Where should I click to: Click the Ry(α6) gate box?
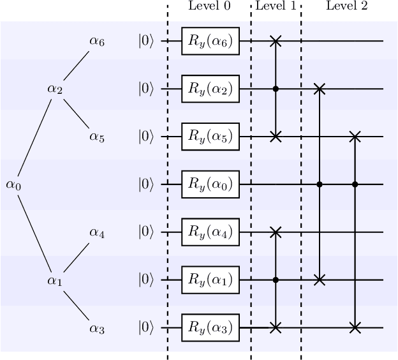click(x=210, y=41)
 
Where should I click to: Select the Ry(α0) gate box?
click(x=210, y=184)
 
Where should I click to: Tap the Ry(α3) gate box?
click(x=210, y=328)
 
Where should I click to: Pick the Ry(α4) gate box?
click(x=210, y=232)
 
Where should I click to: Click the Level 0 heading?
click(x=209, y=6)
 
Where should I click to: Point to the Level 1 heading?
click(x=276, y=6)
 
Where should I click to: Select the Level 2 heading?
click(x=346, y=6)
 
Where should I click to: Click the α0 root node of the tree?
click(x=13, y=184)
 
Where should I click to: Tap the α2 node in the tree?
click(x=55, y=89)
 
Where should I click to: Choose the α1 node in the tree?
click(x=55, y=280)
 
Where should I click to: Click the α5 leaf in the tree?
click(x=96, y=137)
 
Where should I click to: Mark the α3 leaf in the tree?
click(x=96, y=328)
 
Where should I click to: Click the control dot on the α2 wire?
click(x=276, y=89)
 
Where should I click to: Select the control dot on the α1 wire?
click(x=276, y=280)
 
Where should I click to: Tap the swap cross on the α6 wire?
click(x=276, y=41)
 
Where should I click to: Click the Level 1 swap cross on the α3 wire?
click(x=276, y=328)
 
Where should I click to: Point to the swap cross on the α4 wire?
click(x=276, y=232)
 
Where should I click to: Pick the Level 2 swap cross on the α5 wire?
click(x=355, y=137)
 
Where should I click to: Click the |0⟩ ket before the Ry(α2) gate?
click(x=146, y=89)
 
